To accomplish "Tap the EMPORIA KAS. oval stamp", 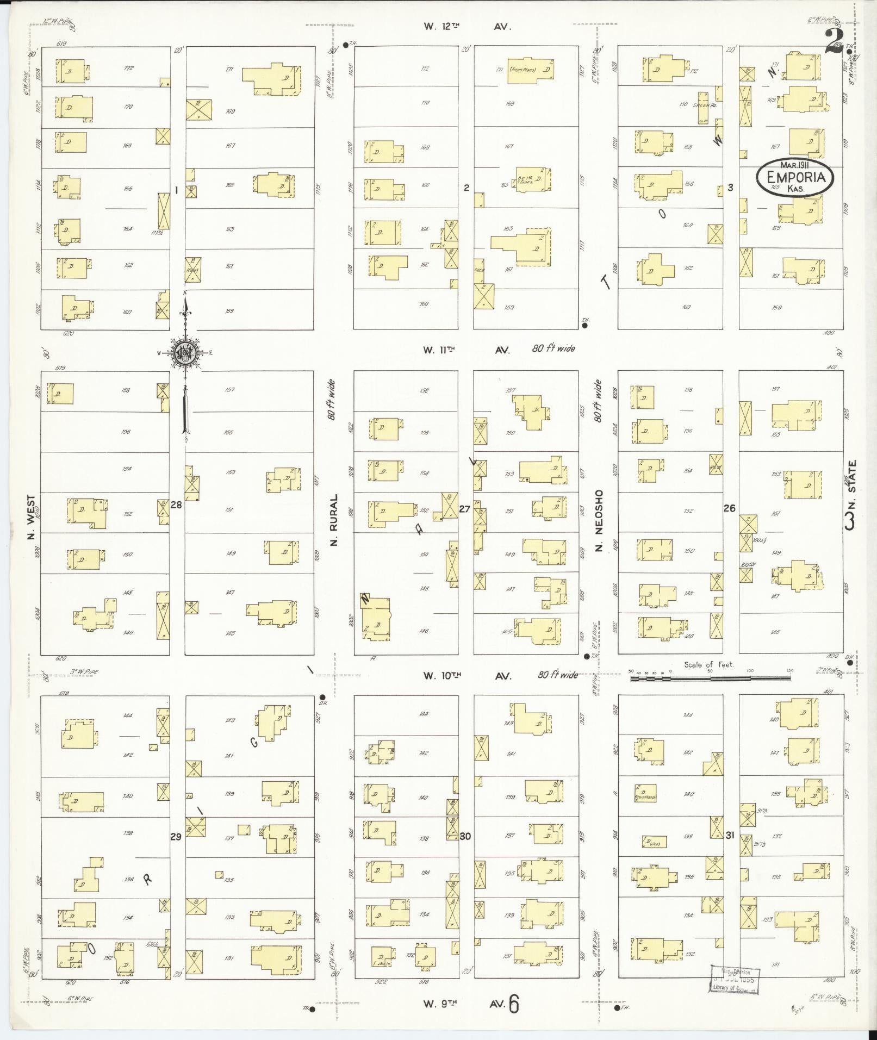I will tap(795, 176).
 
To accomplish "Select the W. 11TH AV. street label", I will tap(467, 350).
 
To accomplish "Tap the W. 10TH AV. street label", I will tap(467, 676).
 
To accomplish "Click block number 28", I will tap(176, 505).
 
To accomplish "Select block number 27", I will tap(464, 509).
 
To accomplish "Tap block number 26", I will tap(729, 508).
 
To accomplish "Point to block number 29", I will tap(176, 837).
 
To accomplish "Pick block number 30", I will tap(465, 836).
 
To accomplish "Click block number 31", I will tap(730, 835).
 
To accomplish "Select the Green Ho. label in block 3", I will tap(705, 104).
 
